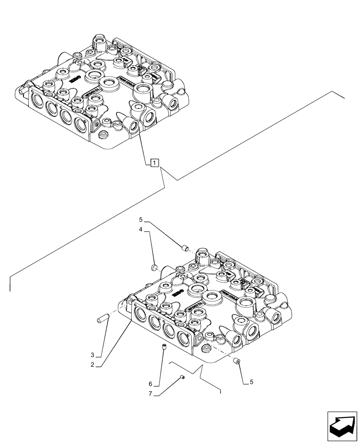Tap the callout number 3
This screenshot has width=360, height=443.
[x=92, y=355]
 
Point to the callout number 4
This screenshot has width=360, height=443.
[x=141, y=229]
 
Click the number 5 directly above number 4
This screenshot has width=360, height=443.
[x=141, y=219]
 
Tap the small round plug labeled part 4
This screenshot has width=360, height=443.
[x=154, y=267]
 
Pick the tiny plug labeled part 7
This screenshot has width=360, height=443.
[x=182, y=377]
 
